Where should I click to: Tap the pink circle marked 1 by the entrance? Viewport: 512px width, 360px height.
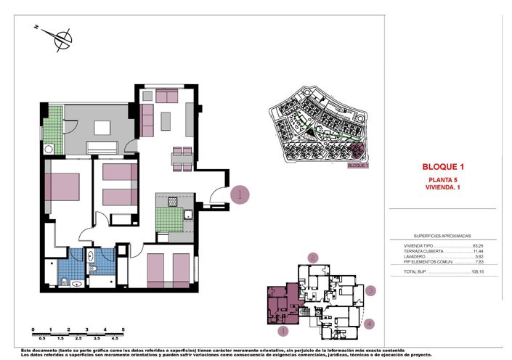pos(240,194)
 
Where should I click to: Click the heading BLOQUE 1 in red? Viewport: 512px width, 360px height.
pos(443,167)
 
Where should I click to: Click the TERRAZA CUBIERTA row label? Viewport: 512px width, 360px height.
pos(423,251)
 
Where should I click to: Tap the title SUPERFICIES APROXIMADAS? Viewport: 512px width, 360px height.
pos(442,236)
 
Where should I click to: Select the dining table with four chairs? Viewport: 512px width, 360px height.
pos(182,157)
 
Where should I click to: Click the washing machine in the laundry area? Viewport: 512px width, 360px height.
pos(49,149)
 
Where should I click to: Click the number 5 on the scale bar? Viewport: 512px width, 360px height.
pos(123,330)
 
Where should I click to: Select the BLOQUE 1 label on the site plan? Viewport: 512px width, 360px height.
pos(358,165)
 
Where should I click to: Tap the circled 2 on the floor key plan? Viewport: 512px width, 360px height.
pos(313,257)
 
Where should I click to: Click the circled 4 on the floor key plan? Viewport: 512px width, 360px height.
pos(370,324)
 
